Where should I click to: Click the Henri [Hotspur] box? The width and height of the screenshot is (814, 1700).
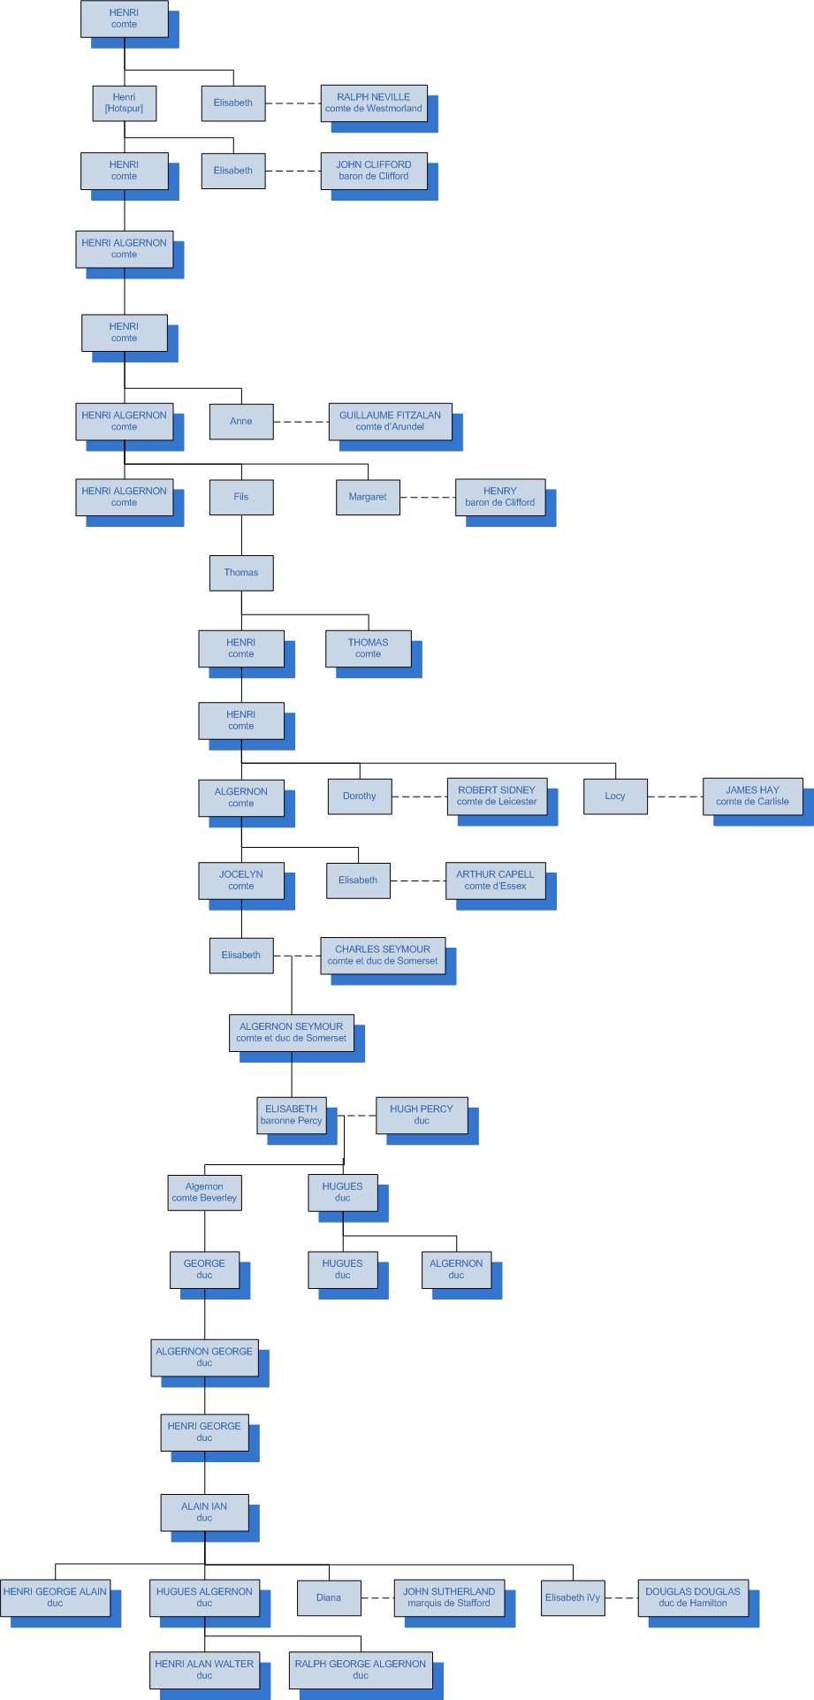click(x=124, y=103)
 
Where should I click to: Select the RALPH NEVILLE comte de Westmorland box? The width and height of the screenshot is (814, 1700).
click(x=374, y=103)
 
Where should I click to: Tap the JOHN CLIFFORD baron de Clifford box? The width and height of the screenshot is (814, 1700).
click(x=374, y=171)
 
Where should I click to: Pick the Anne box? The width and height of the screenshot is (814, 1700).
click(x=241, y=422)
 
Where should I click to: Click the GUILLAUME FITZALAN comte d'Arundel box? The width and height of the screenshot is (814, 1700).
click(x=390, y=422)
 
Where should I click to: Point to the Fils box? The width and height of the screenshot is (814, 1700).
click(x=241, y=497)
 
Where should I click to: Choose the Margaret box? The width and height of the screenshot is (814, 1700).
click(x=368, y=497)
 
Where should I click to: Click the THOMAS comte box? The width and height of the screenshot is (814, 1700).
click(x=368, y=648)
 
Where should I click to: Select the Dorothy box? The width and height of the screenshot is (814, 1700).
click(x=359, y=797)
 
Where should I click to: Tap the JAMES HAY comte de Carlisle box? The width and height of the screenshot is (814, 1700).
click(x=752, y=797)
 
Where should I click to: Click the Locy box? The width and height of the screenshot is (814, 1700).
click(x=615, y=797)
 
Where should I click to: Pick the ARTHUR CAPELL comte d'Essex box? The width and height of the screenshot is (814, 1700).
click(x=495, y=880)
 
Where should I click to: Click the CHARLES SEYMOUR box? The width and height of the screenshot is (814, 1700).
click(x=383, y=956)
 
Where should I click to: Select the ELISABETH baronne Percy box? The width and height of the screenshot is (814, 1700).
click(x=292, y=1115)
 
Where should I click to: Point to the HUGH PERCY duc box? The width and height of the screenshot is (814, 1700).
click(x=422, y=1115)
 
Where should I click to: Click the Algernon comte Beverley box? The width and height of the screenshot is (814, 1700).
click(x=204, y=1193)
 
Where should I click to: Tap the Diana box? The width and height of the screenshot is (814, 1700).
click(x=329, y=1597)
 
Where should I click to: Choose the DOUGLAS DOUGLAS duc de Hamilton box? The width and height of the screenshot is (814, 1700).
click(x=692, y=1597)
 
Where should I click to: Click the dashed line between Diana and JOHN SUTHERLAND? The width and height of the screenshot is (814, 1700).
click(x=377, y=1598)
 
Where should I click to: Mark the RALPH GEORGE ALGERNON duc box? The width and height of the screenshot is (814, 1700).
click(x=361, y=1670)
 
